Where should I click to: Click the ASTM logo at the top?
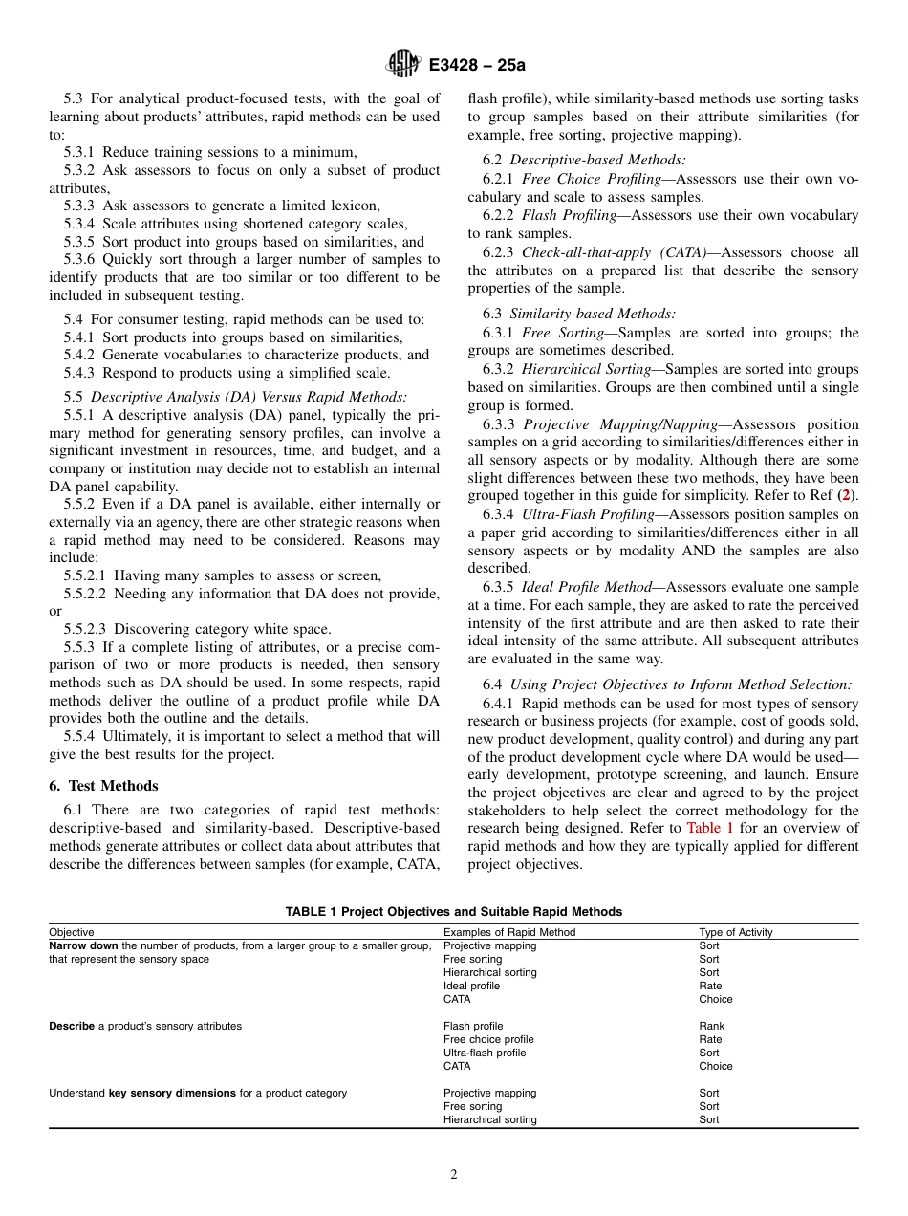point(402,64)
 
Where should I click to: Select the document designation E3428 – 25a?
point(477,65)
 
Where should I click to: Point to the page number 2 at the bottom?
point(454,1175)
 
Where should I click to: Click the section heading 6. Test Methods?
point(103,786)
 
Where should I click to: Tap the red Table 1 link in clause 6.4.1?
point(710,828)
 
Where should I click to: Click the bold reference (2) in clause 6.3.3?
point(846,496)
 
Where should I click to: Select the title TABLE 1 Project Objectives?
point(453,912)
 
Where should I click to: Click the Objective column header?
point(72,932)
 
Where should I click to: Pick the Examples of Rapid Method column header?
point(509,932)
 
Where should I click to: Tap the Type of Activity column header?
point(735,932)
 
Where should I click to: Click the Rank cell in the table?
point(711,1026)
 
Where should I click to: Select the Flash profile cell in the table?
point(473,1026)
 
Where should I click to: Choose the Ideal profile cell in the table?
point(471,986)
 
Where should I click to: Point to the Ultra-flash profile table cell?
point(485,1053)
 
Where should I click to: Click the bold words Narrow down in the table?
point(84,945)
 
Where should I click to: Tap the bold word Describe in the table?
point(72,1026)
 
